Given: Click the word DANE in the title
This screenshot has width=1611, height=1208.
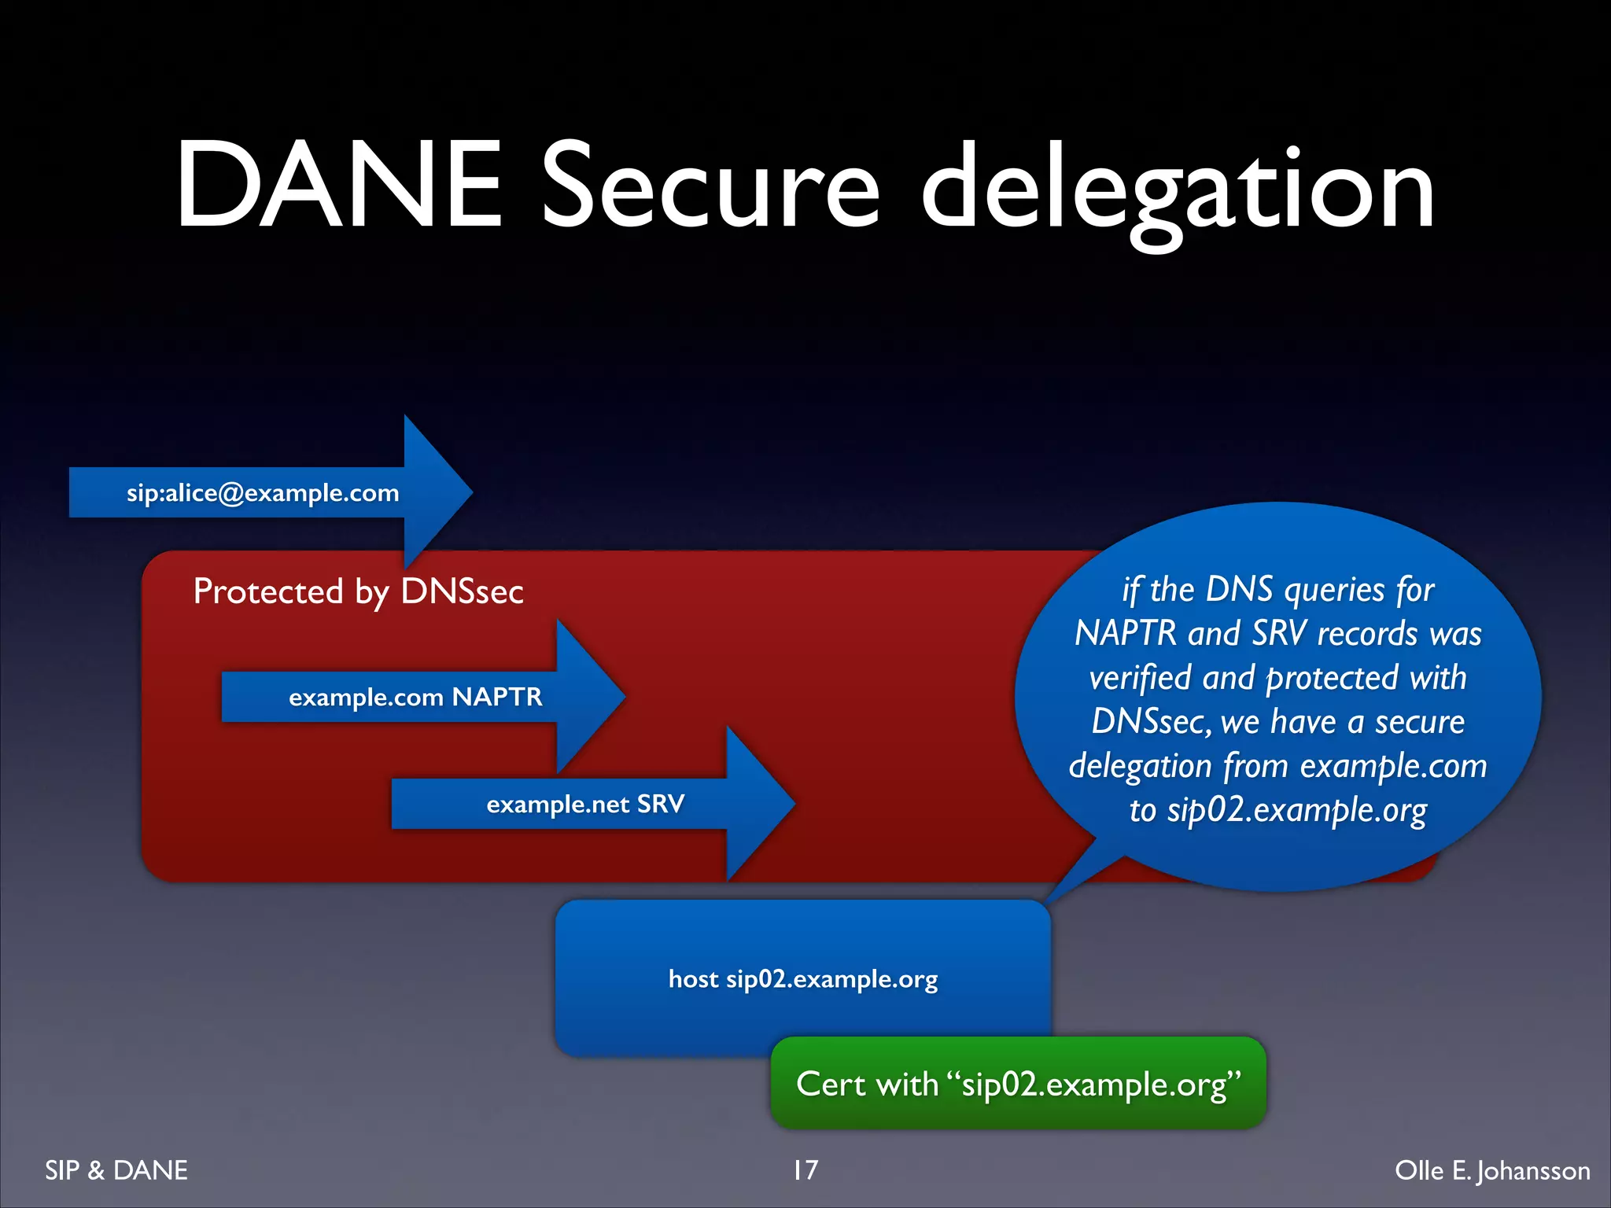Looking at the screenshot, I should point(338,186).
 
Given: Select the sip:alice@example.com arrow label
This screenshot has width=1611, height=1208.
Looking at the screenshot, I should point(263,493).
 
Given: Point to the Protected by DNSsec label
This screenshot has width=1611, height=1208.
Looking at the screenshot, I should point(358,591).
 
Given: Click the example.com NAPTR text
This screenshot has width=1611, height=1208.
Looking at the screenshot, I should point(415,697).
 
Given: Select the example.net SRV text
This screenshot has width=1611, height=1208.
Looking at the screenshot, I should point(585,804).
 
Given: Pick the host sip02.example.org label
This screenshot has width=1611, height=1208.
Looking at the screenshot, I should point(802,979).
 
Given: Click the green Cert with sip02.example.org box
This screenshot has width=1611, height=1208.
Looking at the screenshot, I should point(1018,1084).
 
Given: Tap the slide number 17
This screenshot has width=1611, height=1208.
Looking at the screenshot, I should point(805,1170).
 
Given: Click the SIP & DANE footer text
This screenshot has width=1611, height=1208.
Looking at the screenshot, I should point(116,1170).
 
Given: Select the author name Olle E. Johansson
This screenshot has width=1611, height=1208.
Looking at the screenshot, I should point(1492,1170).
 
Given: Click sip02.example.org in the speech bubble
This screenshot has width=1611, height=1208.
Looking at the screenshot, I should point(1296,810).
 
